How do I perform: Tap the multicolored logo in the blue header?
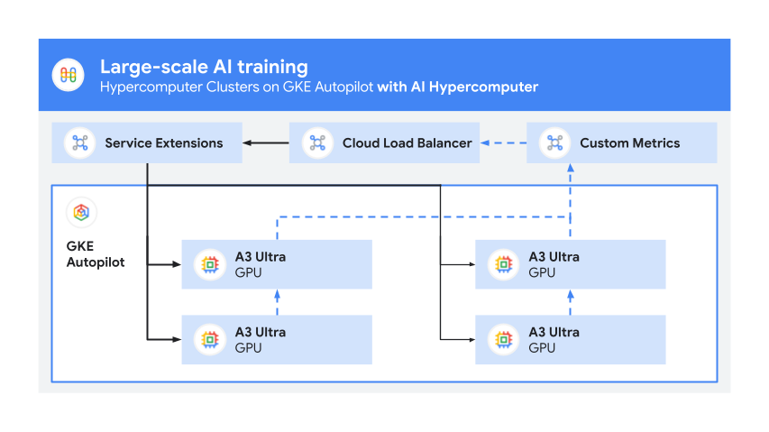pos(69,75)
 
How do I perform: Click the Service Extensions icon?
pos(80,142)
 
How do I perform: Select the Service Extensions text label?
pos(163,142)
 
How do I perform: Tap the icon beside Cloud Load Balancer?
pos(317,142)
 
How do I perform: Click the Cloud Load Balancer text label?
pos(407,142)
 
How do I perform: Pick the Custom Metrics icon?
pos(554,142)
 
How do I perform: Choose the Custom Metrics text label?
pos(629,142)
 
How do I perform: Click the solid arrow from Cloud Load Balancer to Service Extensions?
pos(265,142)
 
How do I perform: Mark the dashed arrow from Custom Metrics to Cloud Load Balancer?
pos(503,142)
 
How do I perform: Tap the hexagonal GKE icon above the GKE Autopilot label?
pos(81,213)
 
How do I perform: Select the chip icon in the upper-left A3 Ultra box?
pos(209,264)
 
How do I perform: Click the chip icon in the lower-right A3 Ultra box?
pos(503,340)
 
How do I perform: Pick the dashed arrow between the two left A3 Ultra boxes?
pos(278,302)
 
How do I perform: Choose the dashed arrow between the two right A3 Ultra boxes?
pos(570,302)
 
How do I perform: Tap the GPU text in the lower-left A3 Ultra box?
pos(248,347)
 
